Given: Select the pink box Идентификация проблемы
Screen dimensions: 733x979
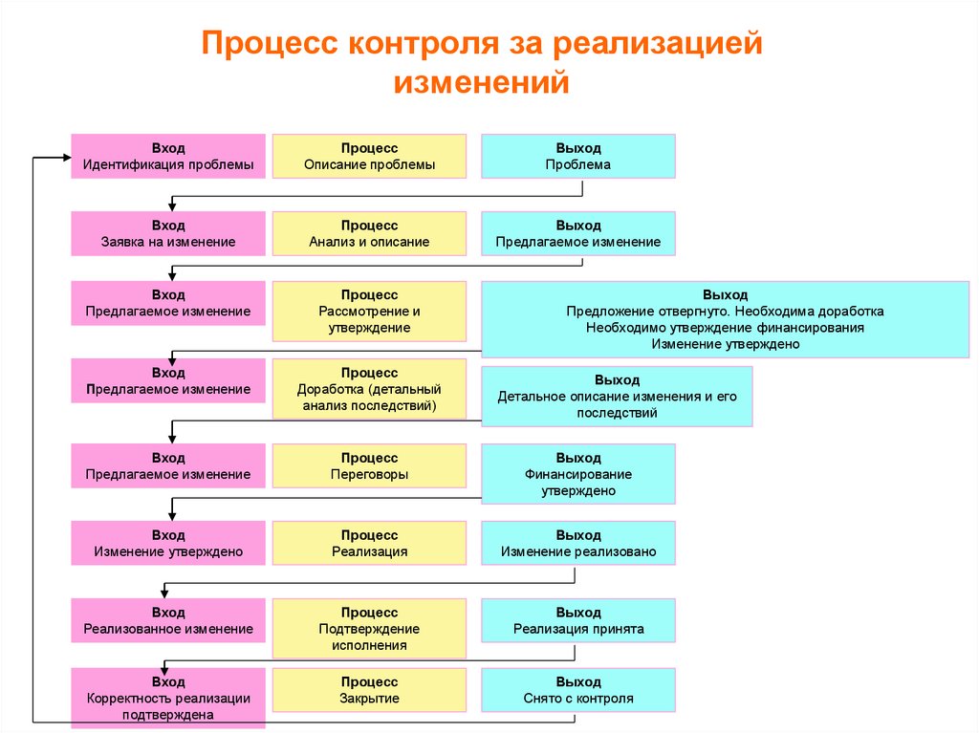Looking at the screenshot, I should [x=168, y=156].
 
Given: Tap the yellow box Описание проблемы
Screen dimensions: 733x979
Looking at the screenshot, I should [x=369, y=156].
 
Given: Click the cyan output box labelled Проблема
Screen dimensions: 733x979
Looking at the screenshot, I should [x=577, y=156].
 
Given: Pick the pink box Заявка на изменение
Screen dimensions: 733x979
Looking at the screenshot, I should [x=168, y=233].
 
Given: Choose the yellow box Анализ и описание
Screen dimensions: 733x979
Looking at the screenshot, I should [x=369, y=233].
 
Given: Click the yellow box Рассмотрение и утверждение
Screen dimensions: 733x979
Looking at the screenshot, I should [x=369, y=311].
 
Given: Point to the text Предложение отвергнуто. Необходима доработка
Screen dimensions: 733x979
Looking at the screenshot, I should [x=725, y=312].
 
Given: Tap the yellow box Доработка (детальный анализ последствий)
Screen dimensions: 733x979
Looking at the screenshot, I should [x=369, y=388].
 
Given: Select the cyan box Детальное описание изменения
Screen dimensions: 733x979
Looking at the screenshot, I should [x=617, y=396].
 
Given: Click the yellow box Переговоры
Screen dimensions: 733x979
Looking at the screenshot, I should [x=369, y=465].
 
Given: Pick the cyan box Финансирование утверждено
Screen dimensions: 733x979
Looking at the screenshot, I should [x=577, y=473].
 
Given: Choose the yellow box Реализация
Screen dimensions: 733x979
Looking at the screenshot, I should [x=369, y=543].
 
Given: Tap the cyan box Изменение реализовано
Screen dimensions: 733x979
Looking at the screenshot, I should [x=577, y=543].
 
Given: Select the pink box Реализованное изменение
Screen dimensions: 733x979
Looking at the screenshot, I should [x=168, y=620].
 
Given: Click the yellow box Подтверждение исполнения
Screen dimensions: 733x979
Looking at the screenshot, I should [x=369, y=628].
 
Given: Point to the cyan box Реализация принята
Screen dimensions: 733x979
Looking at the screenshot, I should [x=577, y=620].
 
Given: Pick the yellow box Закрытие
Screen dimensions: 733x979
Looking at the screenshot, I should [x=369, y=690].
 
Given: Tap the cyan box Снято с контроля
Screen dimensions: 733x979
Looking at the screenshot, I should [x=577, y=690].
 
